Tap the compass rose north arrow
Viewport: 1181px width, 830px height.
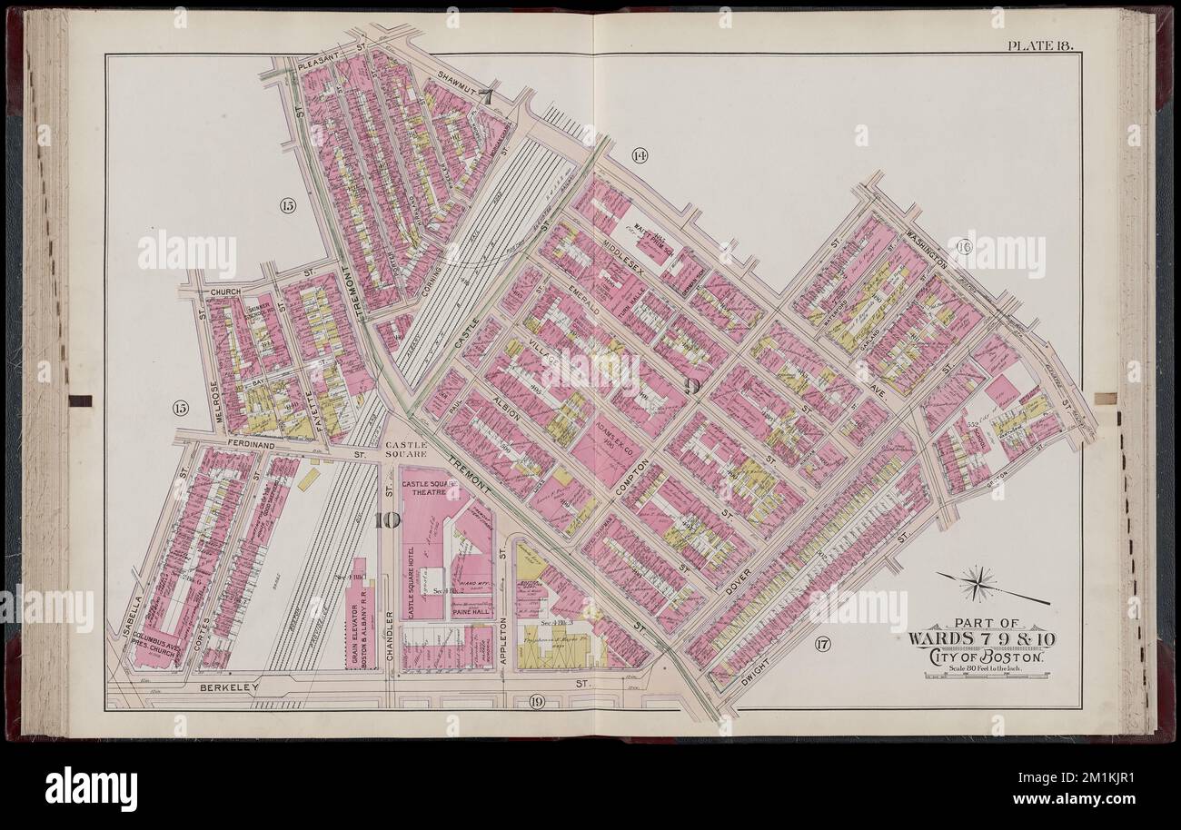click(979, 582)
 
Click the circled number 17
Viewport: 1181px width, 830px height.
click(822, 647)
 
